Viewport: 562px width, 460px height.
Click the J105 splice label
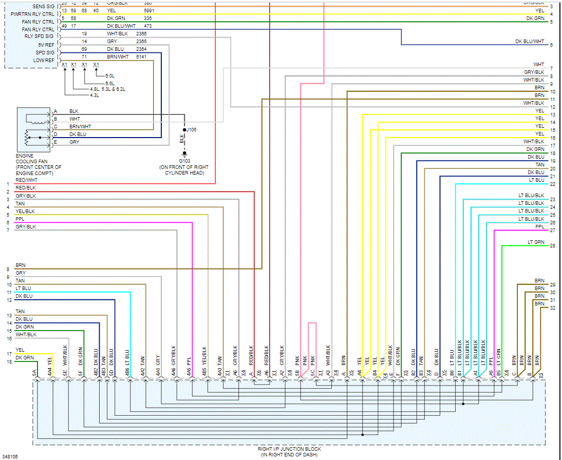(x=191, y=130)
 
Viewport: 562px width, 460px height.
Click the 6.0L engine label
(x=109, y=76)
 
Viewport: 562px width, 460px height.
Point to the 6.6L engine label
(x=109, y=83)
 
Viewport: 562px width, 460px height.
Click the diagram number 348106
(x=10, y=456)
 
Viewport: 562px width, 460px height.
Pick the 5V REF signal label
(x=46, y=45)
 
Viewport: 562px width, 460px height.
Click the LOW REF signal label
(x=44, y=61)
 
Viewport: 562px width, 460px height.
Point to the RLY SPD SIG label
(x=39, y=36)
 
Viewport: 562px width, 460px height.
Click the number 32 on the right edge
(x=552, y=308)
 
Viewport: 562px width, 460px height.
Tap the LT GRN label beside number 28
(x=536, y=242)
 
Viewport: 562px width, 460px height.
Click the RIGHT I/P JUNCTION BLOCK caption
(x=289, y=449)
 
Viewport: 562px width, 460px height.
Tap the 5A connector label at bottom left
(x=34, y=373)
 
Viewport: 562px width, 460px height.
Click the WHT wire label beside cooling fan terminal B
(x=74, y=119)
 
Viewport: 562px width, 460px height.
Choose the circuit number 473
(x=148, y=26)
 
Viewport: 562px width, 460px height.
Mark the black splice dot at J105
(x=184, y=130)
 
